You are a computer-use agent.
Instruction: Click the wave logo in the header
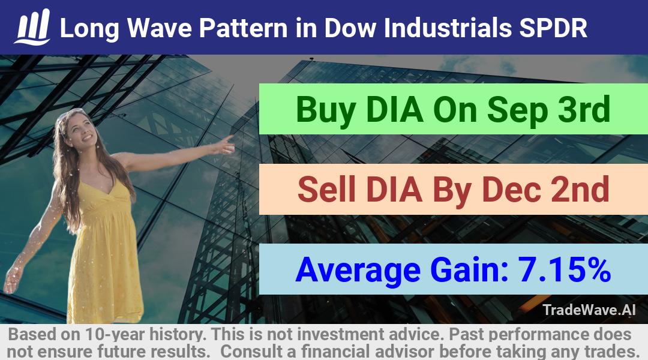[32, 26]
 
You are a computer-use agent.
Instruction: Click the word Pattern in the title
[243, 28]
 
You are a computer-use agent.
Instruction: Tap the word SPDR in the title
[553, 28]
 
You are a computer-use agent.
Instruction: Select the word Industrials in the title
[448, 28]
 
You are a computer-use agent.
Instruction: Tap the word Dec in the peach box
[511, 189]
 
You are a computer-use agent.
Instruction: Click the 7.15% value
[564, 269]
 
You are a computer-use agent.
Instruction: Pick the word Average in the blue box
[358, 270]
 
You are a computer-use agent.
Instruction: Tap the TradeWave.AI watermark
[589, 310]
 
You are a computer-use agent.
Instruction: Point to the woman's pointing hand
[224, 145]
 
